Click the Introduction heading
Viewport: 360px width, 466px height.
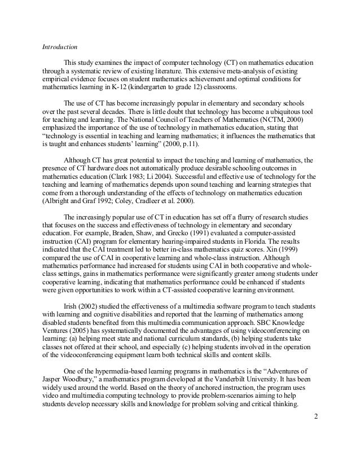coord(60,46)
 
